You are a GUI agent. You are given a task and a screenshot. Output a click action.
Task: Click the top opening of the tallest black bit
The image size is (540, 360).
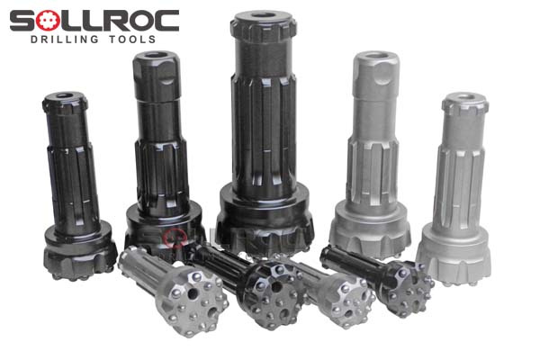point(264,15)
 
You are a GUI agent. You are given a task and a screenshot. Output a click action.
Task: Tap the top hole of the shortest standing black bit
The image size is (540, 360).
point(65,95)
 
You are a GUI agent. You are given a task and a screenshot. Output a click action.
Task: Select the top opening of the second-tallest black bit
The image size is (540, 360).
point(156,55)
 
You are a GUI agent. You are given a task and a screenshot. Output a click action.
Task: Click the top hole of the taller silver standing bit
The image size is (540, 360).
point(375,55)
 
